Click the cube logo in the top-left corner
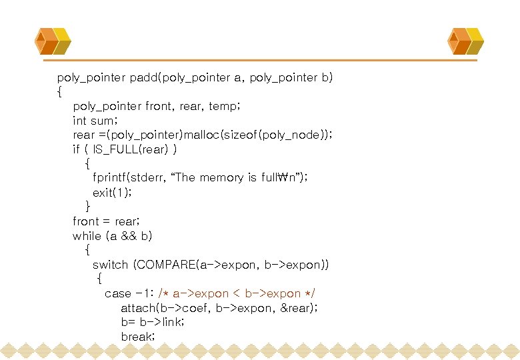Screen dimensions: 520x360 click(x=53, y=41)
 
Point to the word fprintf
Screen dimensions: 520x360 click(x=111, y=177)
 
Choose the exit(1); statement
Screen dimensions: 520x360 click(x=112, y=192)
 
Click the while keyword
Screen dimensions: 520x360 click(x=87, y=235)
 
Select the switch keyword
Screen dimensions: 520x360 click(x=110, y=265)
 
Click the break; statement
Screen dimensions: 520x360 click(x=138, y=337)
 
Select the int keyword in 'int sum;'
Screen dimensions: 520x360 click(x=79, y=121)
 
